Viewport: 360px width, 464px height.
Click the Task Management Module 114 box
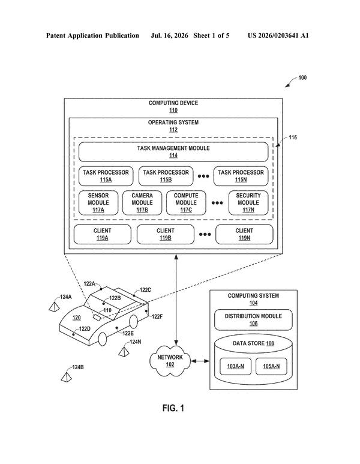(173, 152)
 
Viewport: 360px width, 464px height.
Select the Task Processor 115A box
(106, 176)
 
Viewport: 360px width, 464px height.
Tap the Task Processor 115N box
(241, 176)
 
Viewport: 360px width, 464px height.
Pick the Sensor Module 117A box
(98, 203)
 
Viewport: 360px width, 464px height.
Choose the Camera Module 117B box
(142, 203)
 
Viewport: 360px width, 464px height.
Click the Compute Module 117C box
(186, 203)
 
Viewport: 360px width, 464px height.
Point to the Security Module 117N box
(248, 203)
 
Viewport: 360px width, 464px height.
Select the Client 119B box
(166, 234)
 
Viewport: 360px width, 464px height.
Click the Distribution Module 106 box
(254, 320)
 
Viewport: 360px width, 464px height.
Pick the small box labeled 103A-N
(235, 366)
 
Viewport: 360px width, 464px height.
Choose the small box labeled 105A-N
(271, 366)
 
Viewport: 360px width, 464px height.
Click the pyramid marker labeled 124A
(54, 306)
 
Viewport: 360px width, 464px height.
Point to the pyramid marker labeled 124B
(66, 377)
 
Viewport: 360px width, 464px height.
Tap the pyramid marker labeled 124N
(124, 352)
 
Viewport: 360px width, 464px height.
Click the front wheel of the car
(103, 339)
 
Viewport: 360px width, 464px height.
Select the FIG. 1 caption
(173, 408)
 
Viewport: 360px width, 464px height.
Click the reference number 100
(302, 77)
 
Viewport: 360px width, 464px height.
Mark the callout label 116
(293, 137)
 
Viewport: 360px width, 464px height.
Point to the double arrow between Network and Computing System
(200, 361)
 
